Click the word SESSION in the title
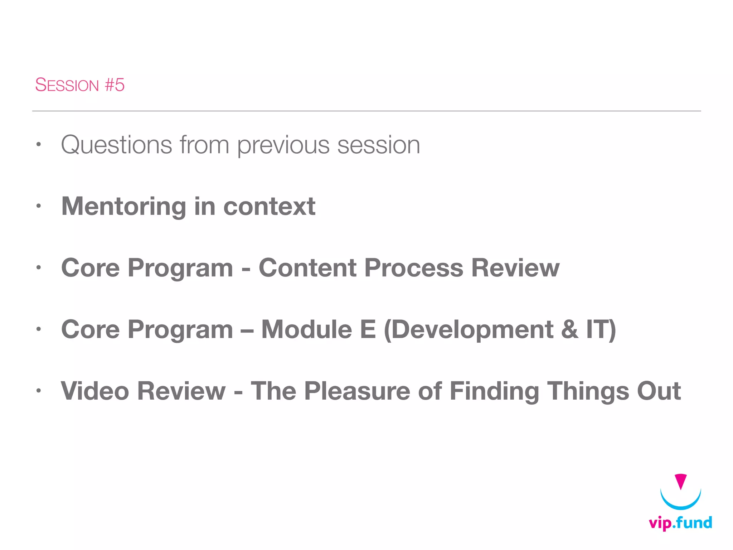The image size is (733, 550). pos(67,85)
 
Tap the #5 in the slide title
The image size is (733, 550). pos(115,85)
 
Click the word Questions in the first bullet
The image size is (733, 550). pos(117,145)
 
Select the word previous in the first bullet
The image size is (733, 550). pos(283,146)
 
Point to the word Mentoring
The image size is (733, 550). pos(124,207)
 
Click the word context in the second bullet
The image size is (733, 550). pos(269,207)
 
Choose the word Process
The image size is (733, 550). pos(413,269)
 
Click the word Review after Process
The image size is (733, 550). pos(515,268)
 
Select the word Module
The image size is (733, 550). pos(307,329)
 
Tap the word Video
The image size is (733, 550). pos(95,391)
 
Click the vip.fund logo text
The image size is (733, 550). pos(680,523)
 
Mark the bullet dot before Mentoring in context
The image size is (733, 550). pos(39,206)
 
